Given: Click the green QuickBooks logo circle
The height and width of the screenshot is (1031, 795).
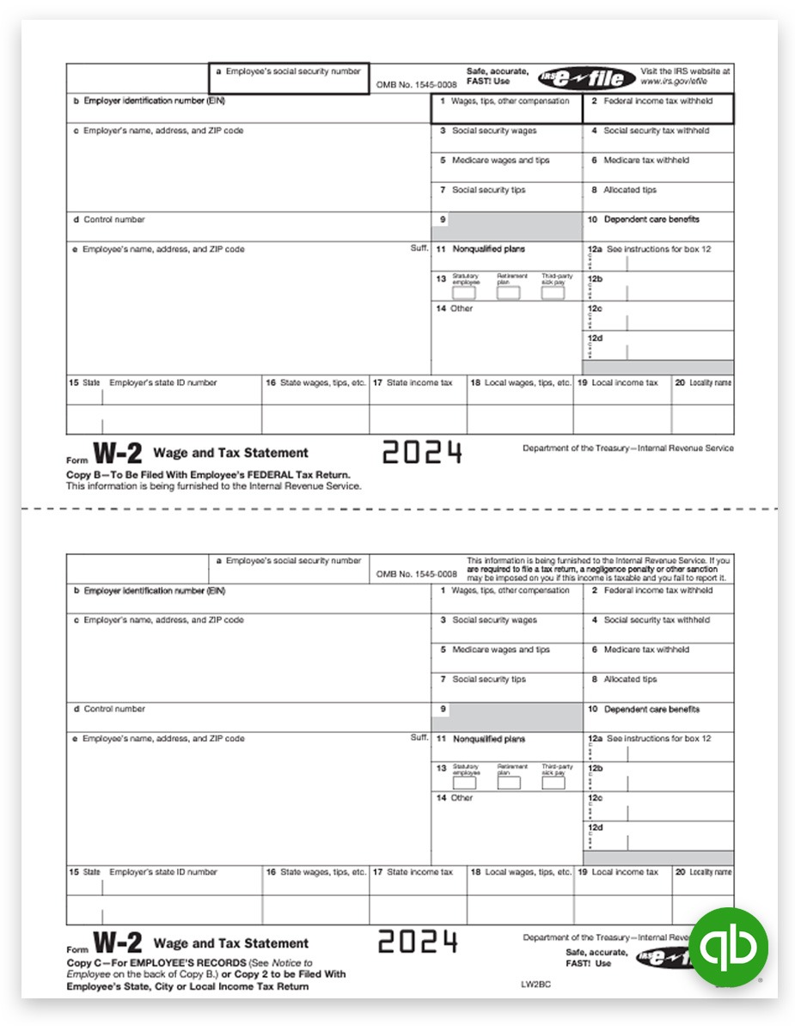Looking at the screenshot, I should coord(728,946).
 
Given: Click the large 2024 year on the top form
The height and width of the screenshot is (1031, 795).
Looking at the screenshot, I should coord(422,452).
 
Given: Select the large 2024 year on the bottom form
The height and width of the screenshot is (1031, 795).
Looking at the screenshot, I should coord(419,942).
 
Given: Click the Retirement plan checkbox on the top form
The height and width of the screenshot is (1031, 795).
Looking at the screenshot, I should coord(509,293).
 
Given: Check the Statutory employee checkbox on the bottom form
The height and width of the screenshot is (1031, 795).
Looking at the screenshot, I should coord(464,783).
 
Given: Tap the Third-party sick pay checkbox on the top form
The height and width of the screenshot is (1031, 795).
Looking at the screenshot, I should coord(553,293).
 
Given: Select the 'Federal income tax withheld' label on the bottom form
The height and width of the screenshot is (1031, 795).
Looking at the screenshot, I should coord(657,591).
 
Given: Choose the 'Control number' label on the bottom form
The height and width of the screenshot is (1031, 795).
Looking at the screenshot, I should coord(113,710).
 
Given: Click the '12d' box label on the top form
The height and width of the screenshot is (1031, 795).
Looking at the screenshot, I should coord(595,339).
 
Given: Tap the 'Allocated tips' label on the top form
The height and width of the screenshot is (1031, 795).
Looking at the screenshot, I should coord(629,190).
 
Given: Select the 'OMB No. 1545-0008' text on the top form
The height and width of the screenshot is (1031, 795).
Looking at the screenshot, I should coord(416,84).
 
